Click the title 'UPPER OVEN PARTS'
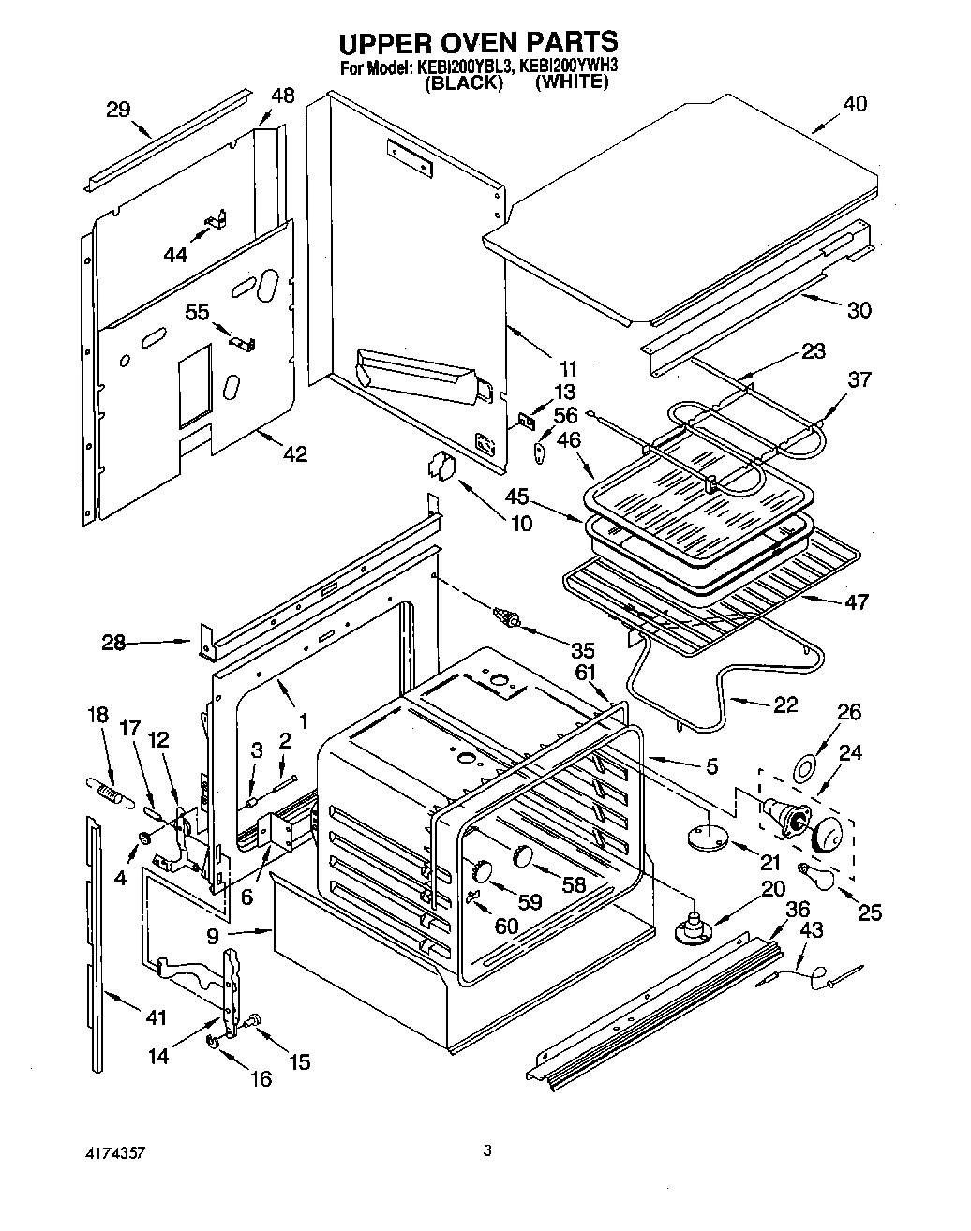[478, 42]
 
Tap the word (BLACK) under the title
[464, 82]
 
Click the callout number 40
[855, 104]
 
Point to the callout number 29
[118, 110]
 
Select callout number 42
[294, 453]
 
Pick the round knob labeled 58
[523, 855]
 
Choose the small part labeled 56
[540, 451]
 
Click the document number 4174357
[112, 1149]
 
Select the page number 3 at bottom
[486, 1149]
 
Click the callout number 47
[855, 601]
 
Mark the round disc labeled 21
[706, 837]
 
